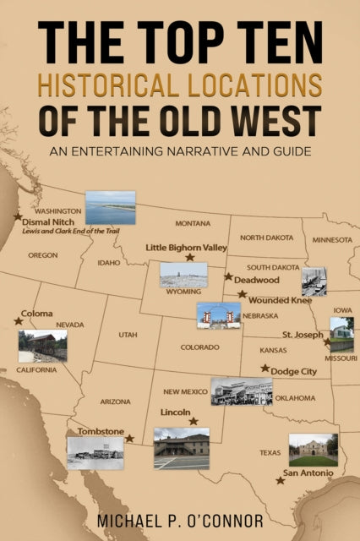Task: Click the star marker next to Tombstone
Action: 129,439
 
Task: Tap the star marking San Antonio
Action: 280,480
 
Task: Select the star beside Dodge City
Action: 265,369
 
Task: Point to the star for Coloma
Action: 19,321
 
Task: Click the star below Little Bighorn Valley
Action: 190,258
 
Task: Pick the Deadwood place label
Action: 256,280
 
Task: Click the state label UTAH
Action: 128,335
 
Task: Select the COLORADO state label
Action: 199,347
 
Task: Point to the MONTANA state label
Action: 193,223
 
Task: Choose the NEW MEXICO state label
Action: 184,391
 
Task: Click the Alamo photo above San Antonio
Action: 313,450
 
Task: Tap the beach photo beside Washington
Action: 110,208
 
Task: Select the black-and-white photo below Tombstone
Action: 95,452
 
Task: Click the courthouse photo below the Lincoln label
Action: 181,448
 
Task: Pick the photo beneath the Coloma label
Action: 42,346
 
